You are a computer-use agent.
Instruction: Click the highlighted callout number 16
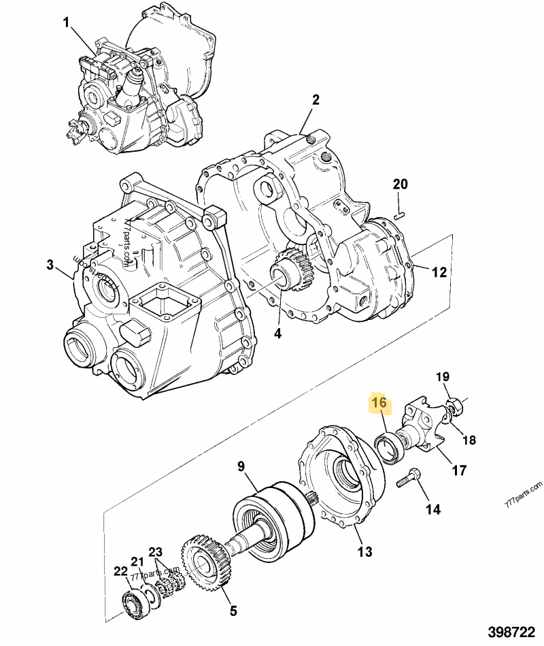tap(379, 404)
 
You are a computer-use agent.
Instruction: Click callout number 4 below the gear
tap(277, 334)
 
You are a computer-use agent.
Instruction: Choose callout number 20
tap(400, 184)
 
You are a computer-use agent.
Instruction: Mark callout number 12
tap(439, 272)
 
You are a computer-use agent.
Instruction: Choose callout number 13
tap(365, 551)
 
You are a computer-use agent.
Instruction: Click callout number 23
tap(156, 552)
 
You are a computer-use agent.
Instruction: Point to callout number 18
tap(469, 440)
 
